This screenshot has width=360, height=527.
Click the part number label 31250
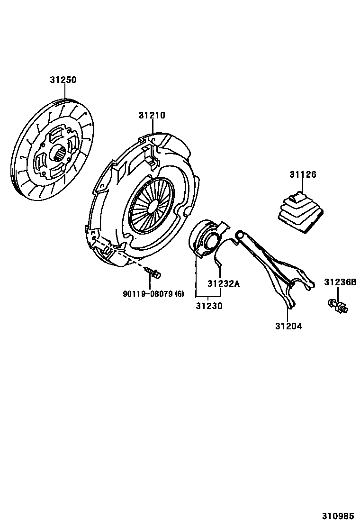(63, 80)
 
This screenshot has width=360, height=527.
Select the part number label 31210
(152, 115)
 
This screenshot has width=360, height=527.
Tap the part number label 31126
(303, 175)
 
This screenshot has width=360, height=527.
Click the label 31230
(209, 306)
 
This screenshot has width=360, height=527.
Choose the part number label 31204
(288, 326)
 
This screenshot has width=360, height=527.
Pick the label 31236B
(340, 282)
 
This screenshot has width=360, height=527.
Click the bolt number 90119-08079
(148, 293)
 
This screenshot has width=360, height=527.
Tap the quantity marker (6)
(180, 293)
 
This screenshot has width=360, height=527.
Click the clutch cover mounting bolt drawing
(152, 273)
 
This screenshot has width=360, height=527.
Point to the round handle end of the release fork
(240, 234)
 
